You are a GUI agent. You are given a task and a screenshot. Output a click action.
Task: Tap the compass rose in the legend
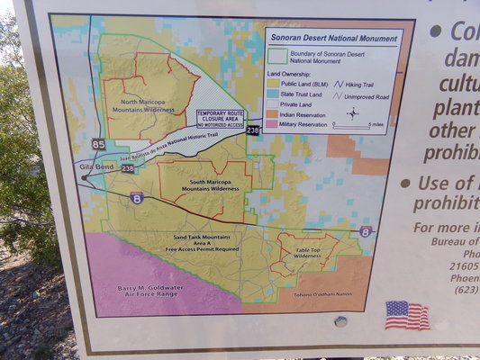tap(352, 113)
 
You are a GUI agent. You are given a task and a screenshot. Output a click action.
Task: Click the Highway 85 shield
tap(97, 144)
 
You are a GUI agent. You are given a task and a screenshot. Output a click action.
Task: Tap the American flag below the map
tap(406, 315)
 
